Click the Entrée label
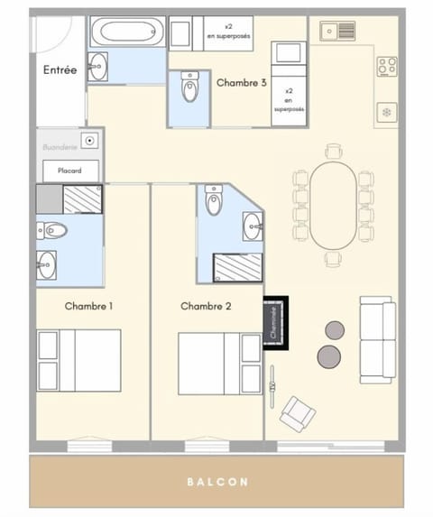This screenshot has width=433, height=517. point(60,69)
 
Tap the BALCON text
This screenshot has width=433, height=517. point(217,482)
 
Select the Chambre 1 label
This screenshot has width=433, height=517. point(88,307)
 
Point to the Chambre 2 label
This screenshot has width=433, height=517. point(206,307)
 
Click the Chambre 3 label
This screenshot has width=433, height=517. point(241,82)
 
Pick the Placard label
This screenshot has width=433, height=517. point(70,169)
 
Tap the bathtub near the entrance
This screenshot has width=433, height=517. point(127,32)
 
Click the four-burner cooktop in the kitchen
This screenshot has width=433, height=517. point(387,66)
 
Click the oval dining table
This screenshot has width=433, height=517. point(333,204)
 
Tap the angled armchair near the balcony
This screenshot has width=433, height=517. point(298,414)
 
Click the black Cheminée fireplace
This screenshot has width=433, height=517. point(275,323)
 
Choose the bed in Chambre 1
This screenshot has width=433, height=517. point(78,360)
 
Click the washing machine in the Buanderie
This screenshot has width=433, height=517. point(90,142)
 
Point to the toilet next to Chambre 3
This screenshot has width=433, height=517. point(189,88)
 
